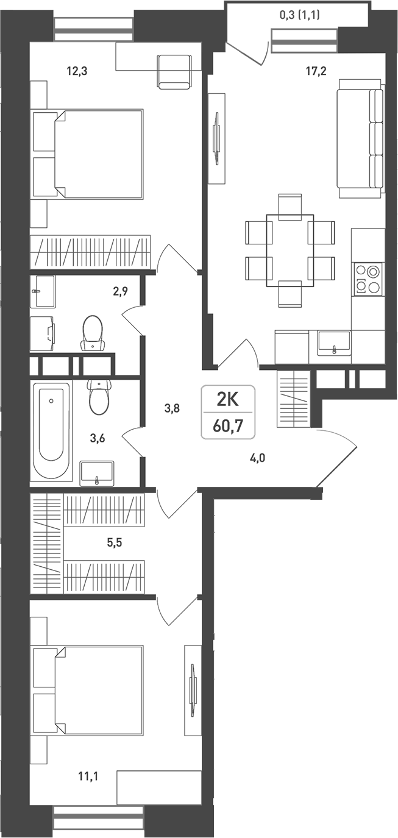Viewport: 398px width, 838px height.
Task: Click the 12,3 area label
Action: coord(77,71)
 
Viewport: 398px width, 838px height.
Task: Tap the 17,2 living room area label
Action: coord(316,71)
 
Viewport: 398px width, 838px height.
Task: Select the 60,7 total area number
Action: coord(228,425)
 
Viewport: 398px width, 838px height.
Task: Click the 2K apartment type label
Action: coord(228,400)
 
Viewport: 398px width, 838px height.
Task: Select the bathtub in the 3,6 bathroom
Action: coord(51,430)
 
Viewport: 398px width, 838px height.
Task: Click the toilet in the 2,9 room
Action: coord(93,333)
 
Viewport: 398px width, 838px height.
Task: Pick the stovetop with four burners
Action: coord(368,279)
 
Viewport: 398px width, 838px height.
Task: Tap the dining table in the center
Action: coord(290,250)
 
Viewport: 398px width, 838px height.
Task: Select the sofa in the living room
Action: coord(361,138)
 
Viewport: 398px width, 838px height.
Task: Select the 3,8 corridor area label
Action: coord(172,409)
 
